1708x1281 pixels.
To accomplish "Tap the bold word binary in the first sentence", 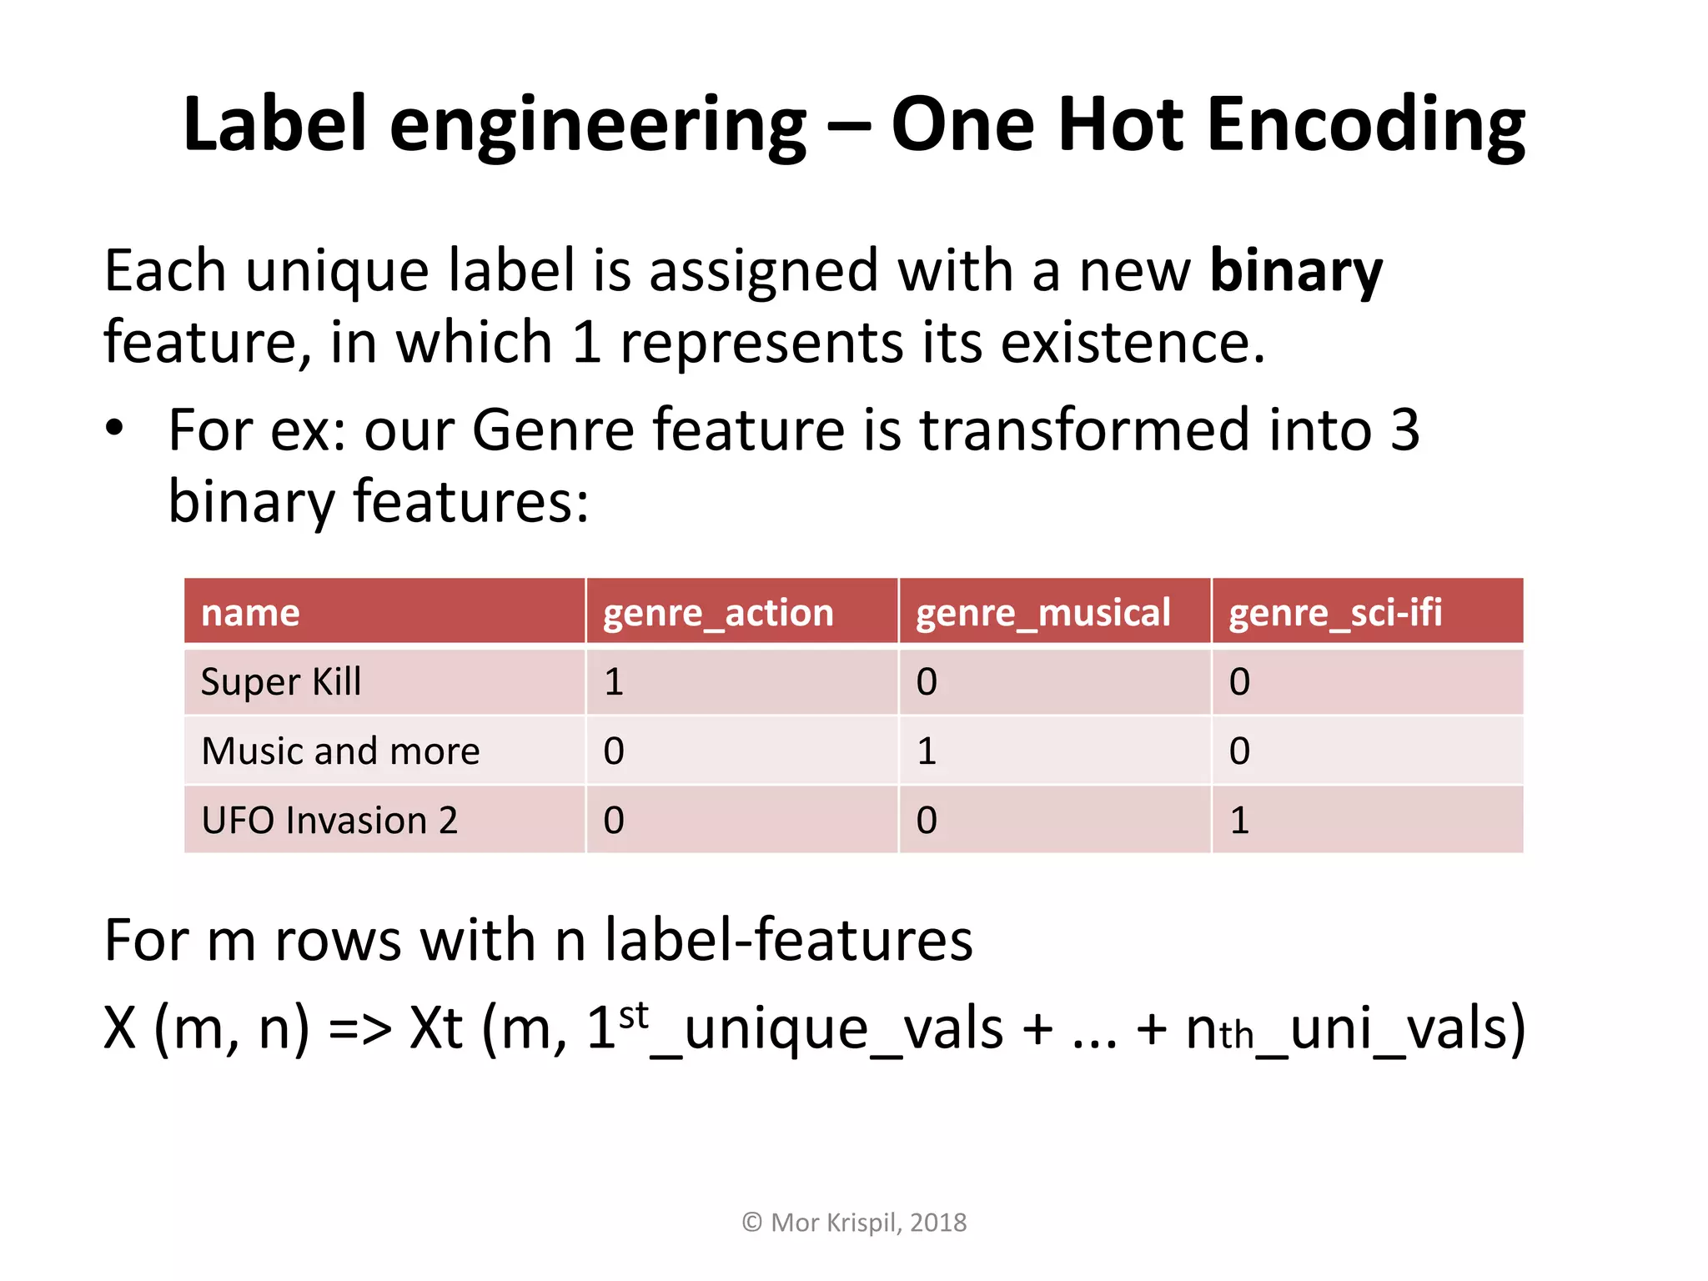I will click(x=1295, y=271).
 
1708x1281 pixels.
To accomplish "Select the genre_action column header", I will click(x=717, y=613).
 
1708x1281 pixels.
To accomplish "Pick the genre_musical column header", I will click(x=1042, y=613).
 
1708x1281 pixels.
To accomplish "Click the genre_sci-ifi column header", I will click(x=1334, y=613).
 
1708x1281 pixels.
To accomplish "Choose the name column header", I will click(x=250, y=613).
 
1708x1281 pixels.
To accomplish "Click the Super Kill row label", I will click(x=281, y=682).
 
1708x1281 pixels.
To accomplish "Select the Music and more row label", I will click(x=340, y=751).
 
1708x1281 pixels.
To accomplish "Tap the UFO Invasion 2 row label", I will click(x=329, y=821).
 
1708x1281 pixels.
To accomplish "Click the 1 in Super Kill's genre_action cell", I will click(x=614, y=682).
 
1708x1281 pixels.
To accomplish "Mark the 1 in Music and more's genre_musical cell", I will click(x=927, y=751).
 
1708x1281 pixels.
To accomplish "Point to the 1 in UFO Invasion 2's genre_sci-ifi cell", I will click(x=1239, y=821).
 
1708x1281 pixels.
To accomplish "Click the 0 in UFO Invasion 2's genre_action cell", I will click(x=614, y=821).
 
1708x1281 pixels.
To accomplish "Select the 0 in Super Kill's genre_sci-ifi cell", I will click(x=1239, y=682).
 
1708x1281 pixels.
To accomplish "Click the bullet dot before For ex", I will click(x=114, y=430).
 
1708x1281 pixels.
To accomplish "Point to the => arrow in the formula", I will click(x=359, y=1029).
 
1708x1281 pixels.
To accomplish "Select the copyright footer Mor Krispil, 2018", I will click(x=854, y=1223).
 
